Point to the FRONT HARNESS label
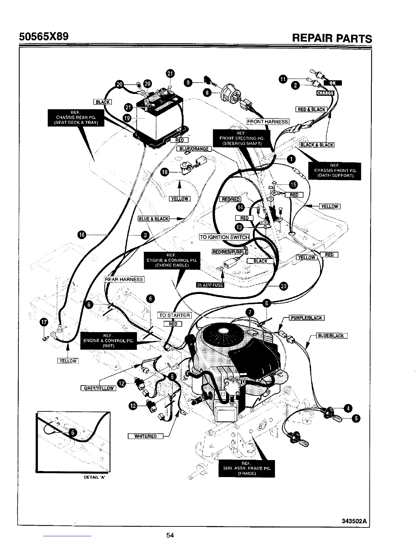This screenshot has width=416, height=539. [267, 121]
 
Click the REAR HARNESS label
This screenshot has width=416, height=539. [124, 279]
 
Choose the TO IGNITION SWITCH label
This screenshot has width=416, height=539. [224, 237]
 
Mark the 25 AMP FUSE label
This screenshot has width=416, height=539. [210, 285]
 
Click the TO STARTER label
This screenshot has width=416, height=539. [175, 315]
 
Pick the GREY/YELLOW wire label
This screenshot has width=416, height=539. [99, 388]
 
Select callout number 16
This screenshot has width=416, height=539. [82, 234]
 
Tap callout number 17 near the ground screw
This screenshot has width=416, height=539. [44, 322]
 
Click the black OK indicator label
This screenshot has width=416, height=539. [333, 83]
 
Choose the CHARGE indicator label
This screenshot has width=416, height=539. [325, 93]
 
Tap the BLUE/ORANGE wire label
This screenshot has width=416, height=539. [194, 149]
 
